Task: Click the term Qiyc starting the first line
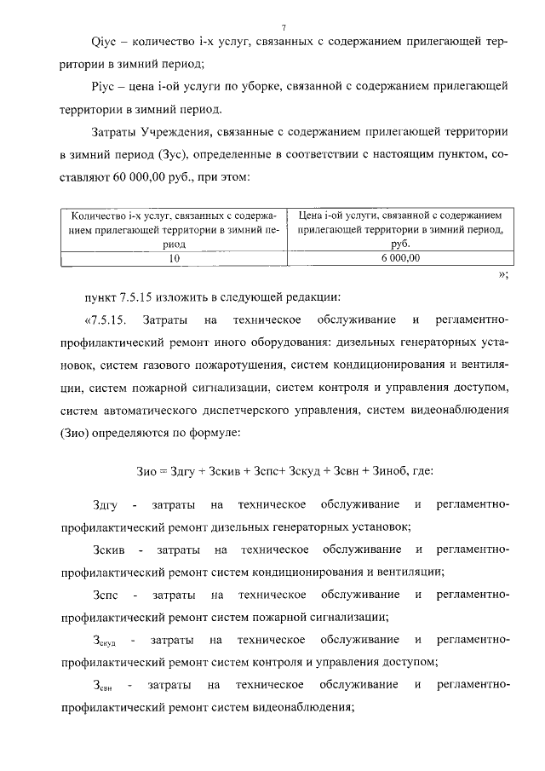point(104,42)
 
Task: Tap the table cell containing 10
point(174,258)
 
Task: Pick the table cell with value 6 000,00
point(399,258)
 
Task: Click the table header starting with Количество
point(174,230)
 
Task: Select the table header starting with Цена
point(399,230)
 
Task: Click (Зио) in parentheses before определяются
point(79,432)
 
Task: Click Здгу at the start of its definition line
point(106,505)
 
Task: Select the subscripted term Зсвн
point(102,685)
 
